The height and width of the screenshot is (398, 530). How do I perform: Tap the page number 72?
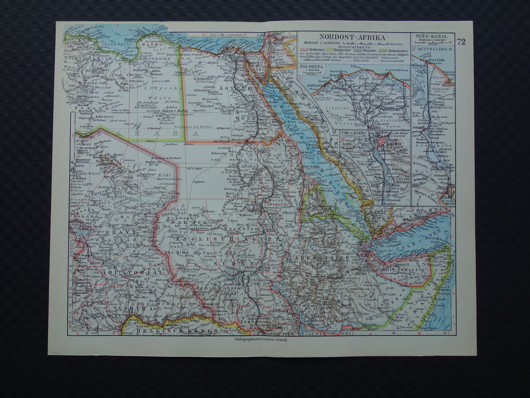[461, 41]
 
